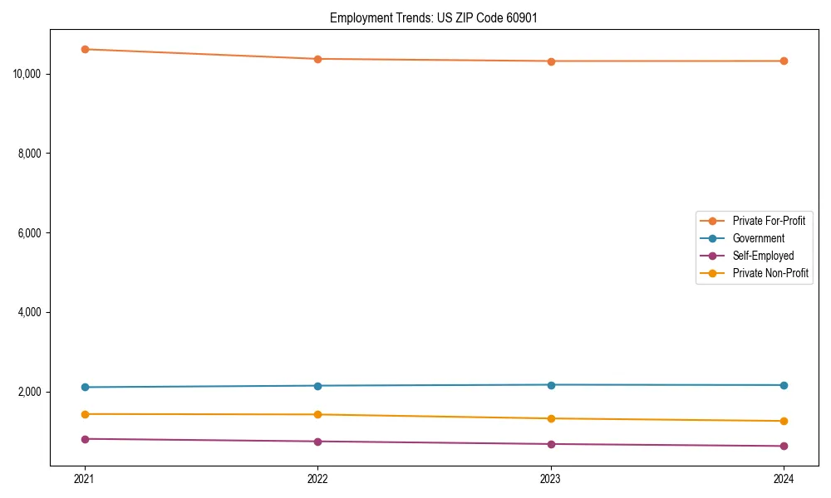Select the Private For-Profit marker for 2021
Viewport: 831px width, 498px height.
coord(85,49)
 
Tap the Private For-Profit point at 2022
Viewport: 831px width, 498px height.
coord(317,59)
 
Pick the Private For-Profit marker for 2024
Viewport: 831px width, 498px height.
coord(784,61)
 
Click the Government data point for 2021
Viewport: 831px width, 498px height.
coord(85,387)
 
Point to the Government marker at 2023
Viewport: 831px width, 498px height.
coord(551,384)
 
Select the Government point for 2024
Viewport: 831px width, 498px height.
coord(784,385)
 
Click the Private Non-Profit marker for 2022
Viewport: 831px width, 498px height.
coord(317,414)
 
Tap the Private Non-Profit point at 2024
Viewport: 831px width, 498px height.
coord(784,421)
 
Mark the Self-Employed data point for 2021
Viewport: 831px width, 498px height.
coord(85,438)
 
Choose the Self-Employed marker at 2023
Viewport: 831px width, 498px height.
coord(551,444)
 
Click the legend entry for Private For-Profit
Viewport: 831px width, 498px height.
coord(768,221)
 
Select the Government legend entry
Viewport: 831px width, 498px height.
coord(758,238)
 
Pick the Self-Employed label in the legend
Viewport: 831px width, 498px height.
coord(763,256)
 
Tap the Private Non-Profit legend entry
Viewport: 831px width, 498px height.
coord(770,273)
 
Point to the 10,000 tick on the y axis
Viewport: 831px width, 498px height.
coord(27,74)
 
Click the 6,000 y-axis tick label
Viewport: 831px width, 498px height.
coord(30,233)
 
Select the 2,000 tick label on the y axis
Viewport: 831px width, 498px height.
coord(30,392)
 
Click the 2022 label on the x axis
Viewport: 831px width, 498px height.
coord(317,478)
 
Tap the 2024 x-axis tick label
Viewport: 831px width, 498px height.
coord(784,478)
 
